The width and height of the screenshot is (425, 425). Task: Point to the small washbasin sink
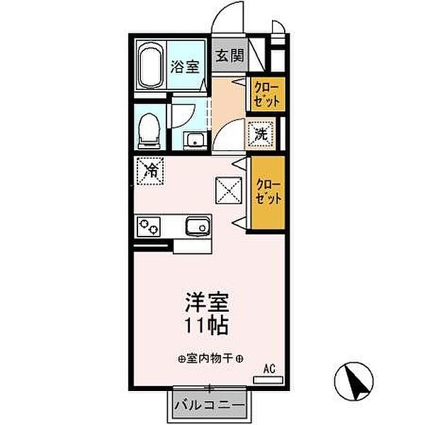tap(192, 140)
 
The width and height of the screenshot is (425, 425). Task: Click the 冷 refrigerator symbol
tap(151, 170)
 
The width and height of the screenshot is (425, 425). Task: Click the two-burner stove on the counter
tap(150, 227)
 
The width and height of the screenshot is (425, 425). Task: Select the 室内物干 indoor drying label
tap(212, 359)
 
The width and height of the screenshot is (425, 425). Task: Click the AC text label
tap(269, 368)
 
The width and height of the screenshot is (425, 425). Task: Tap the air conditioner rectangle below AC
tap(268, 380)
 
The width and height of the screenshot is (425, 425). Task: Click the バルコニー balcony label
tap(210, 406)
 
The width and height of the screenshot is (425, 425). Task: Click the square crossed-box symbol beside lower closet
tap(228, 189)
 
